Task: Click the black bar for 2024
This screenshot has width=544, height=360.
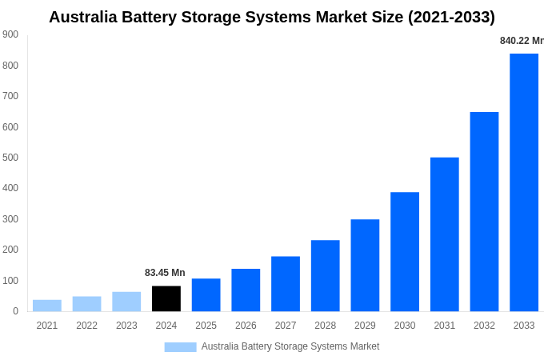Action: tap(166, 298)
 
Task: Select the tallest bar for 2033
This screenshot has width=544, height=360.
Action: tap(524, 182)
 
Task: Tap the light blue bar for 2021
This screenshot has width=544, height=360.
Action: tap(47, 306)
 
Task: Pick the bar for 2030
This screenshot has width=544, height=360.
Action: tap(405, 251)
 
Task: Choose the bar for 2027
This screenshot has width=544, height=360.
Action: tap(286, 283)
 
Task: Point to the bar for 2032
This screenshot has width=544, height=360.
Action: tap(484, 211)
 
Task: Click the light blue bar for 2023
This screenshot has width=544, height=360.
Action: tap(126, 302)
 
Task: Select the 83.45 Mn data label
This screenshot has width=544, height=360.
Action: tap(165, 273)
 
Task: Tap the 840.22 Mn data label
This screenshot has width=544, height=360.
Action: tap(521, 41)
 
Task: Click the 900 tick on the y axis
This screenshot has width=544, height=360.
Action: tap(10, 34)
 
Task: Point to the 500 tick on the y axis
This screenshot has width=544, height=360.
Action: tap(10, 158)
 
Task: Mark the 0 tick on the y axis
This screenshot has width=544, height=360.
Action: tap(15, 311)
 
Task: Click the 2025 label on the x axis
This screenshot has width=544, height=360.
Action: tap(206, 326)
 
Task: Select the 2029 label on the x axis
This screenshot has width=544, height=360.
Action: tap(365, 326)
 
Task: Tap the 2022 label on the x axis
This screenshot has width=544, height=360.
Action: tap(86, 326)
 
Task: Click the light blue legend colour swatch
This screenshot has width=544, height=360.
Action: tap(180, 346)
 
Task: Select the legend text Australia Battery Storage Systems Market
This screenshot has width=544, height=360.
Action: tap(290, 346)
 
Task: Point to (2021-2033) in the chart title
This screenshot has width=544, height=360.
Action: tap(451, 17)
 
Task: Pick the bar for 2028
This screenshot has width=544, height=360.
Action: tap(325, 275)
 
